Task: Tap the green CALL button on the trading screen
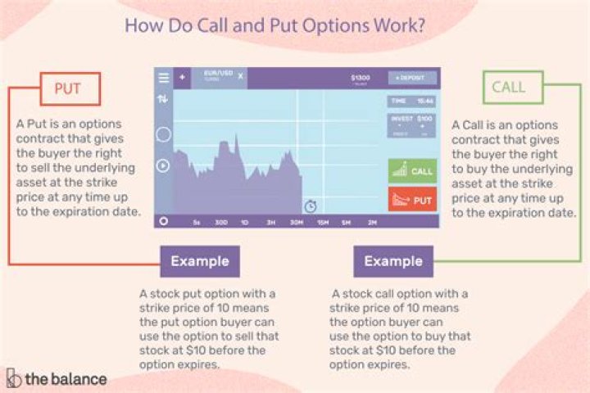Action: (x=412, y=171)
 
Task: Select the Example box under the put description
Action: (x=201, y=262)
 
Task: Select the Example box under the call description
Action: (x=393, y=262)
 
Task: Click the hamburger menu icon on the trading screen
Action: (x=163, y=78)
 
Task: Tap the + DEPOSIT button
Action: (x=412, y=78)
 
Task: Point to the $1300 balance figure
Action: (x=361, y=78)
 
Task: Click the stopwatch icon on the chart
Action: (x=311, y=206)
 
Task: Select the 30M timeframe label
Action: (x=296, y=222)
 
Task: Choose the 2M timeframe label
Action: (x=372, y=222)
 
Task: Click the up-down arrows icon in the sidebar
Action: (x=163, y=99)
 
